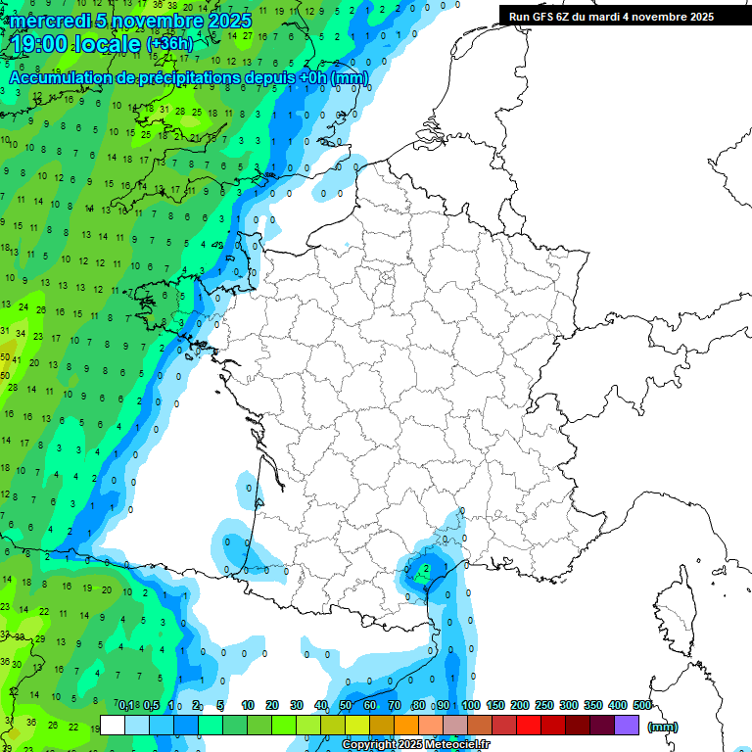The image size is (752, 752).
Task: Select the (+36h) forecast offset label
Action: pyautogui.click(x=169, y=44)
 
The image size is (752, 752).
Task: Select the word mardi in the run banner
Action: pyautogui.click(x=610, y=17)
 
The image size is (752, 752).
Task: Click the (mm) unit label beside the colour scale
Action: pyautogui.click(x=663, y=727)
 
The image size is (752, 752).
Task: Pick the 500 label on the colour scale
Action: pyautogui.click(x=642, y=705)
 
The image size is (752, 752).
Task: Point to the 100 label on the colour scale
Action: pyautogui.click(x=471, y=705)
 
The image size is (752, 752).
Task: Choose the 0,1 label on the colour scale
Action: pyautogui.click(x=126, y=705)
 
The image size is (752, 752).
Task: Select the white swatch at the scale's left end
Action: pyautogui.click(x=113, y=725)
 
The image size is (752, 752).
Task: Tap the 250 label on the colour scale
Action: pyautogui.click(x=544, y=705)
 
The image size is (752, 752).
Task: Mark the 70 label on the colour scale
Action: pyautogui.click(x=395, y=705)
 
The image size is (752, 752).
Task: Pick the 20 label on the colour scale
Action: pyautogui.click(x=272, y=705)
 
